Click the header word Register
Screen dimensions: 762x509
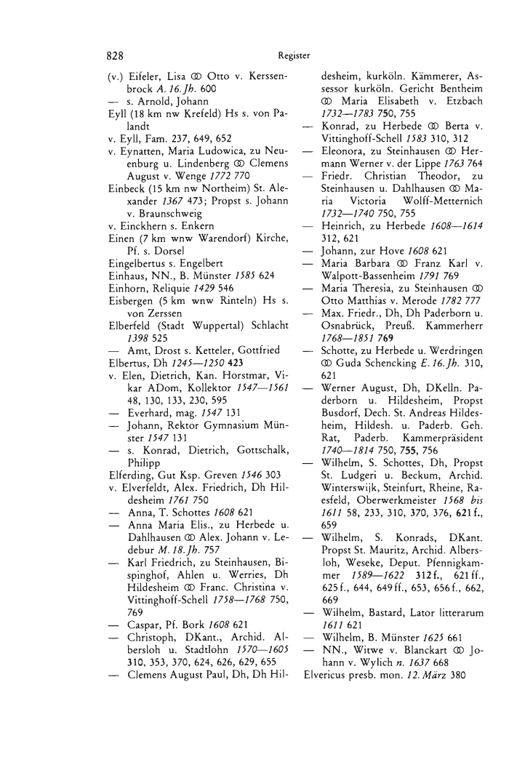click(x=294, y=55)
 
